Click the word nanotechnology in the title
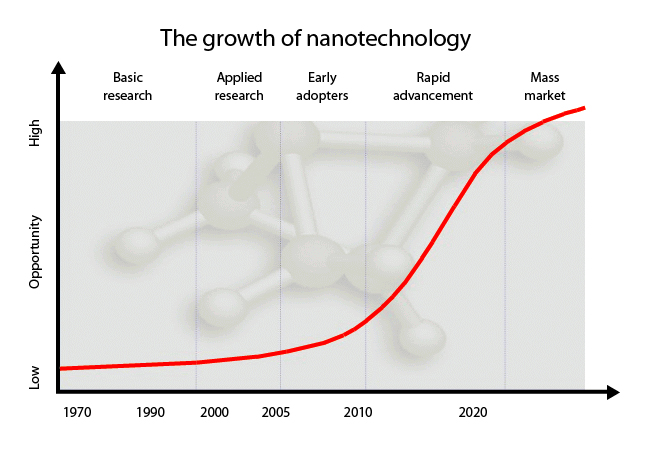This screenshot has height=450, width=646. click(388, 39)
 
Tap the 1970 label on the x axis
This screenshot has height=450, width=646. click(77, 412)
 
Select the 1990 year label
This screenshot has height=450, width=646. click(150, 412)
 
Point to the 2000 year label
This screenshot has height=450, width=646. click(214, 412)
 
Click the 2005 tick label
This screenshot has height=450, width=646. click(276, 412)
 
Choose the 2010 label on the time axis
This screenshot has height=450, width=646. click(358, 412)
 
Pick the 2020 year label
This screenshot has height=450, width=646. click(473, 412)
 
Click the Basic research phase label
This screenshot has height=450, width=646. click(128, 87)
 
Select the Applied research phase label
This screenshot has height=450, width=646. click(239, 87)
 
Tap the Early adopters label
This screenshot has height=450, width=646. click(322, 87)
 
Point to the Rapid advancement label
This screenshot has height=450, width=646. click(433, 87)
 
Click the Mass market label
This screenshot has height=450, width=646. click(545, 87)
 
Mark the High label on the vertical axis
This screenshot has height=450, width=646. click(35, 133)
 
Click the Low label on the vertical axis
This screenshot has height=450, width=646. click(35, 377)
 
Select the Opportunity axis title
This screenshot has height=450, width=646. click(35, 251)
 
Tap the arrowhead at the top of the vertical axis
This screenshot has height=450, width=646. click(59, 68)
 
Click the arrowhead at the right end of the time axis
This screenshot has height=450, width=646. click(613, 392)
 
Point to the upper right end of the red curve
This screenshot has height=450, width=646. click(585, 108)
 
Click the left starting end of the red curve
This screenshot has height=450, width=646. click(61, 368)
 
